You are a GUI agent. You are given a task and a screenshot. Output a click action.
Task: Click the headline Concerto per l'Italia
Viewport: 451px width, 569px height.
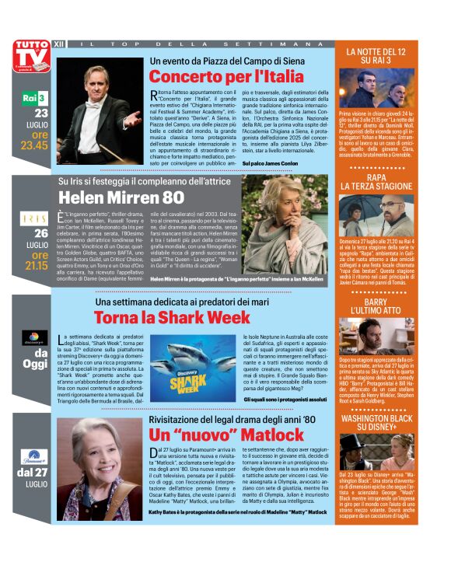point(226,76)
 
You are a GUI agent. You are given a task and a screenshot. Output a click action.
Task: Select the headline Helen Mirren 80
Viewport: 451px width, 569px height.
point(121,197)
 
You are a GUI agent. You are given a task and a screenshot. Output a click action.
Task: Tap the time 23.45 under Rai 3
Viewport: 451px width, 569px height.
point(34,144)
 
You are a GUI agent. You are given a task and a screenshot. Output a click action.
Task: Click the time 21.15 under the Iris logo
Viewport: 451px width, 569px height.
point(37,264)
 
